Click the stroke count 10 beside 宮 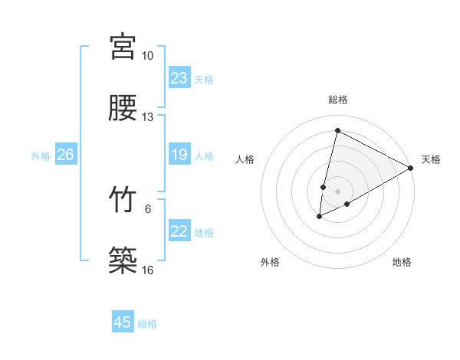(x=148, y=56)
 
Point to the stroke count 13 (x=148, y=117)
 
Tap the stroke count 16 (x=148, y=270)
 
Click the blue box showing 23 (x=179, y=78)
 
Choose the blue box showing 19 (x=179, y=155)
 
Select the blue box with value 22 (x=179, y=232)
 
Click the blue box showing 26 (x=65, y=155)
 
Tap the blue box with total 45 (x=123, y=322)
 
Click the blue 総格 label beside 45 (x=147, y=324)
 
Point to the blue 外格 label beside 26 (x=41, y=156)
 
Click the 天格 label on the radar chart (x=431, y=159)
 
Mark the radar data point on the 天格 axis (x=412, y=168)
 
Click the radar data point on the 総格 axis (x=337, y=130)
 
